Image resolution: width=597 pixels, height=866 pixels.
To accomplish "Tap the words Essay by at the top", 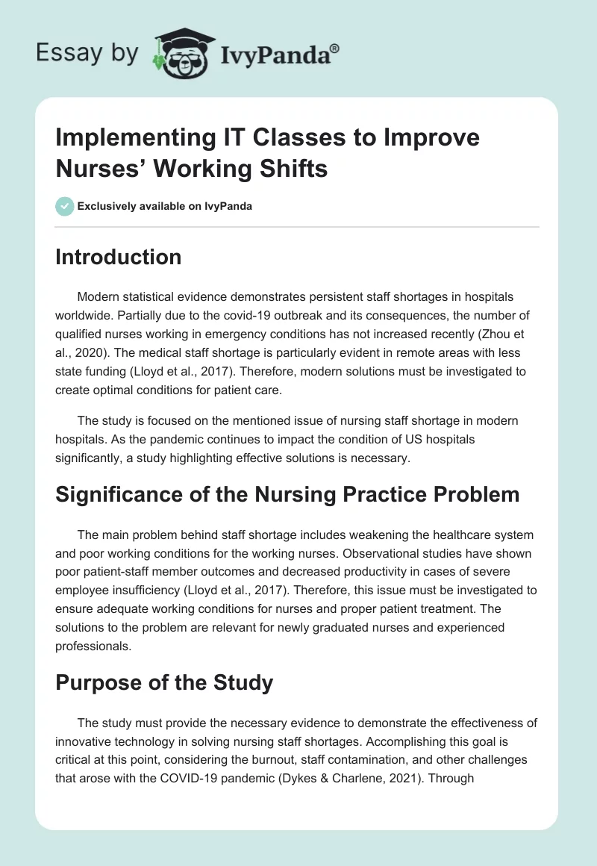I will pyautogui.click(x=87, y=52).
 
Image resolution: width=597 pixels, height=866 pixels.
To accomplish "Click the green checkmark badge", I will pyautogui.click(x=65, y=206).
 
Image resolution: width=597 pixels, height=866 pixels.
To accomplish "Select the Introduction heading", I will pyautogui.click(x=119, y=257).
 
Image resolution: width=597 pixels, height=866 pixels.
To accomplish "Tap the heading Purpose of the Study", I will pyautogui.click(x=164, y=682).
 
